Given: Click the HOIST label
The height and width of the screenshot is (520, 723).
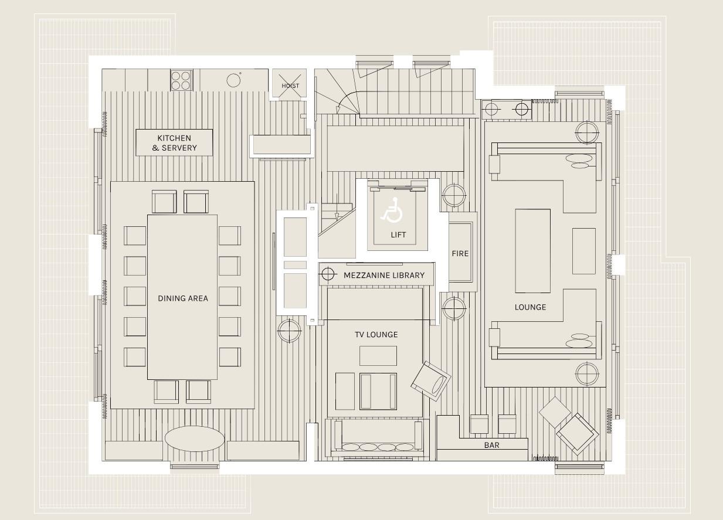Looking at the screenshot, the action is (x=290, y=86).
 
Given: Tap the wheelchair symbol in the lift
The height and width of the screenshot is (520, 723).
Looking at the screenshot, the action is (x=392, y=210).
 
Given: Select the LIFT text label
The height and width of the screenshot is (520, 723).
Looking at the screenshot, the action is (x=398, y=234).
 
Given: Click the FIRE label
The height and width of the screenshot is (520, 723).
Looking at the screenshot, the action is (x=460, y=253).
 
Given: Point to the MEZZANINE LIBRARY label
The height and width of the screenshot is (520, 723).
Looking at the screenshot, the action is (x=383, y=275).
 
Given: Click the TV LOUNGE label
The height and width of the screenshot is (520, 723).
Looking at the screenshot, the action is (x=376, y=334).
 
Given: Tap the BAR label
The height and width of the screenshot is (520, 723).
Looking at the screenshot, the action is (x=491, y=445).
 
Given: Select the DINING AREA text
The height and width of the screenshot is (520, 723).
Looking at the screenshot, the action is (x=183, y=298).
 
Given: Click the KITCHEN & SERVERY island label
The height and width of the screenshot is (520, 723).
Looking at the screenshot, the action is (x=174, y=142).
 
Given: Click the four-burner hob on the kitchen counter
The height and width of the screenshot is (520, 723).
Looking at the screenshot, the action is (x=181, y=80).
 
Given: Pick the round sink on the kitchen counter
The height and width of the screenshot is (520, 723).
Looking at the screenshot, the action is (x=233, y=80).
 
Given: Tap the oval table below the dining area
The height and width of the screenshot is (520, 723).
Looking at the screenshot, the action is (x=194, y=439).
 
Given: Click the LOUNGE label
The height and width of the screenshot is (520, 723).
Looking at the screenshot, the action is (x=530, y=307).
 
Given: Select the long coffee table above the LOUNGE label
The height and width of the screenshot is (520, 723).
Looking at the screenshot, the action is (x=532, y=251).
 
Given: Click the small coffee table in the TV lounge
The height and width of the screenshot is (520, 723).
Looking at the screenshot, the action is (x=378, y=356).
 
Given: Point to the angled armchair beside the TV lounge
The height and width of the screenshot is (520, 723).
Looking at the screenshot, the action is (x=430, y=381).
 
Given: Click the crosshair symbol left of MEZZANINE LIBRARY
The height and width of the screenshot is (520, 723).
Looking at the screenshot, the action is (x=328, y=274).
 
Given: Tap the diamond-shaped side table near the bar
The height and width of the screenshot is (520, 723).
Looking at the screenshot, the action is (x=555, y=413).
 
